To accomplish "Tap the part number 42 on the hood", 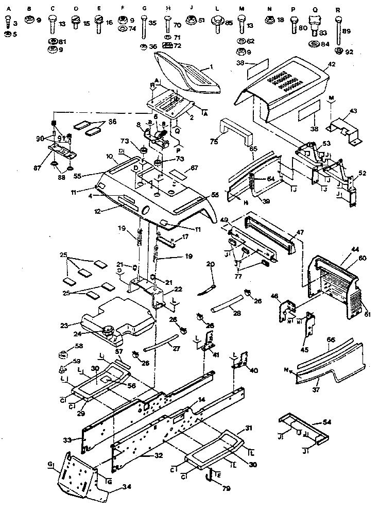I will pyautogui.click(x=331, y=64).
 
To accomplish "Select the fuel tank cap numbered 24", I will pyautogui.click(x=109, y=331).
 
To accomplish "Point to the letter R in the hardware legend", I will pyautogui.click(x=337, y=9).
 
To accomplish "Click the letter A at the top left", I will pyautogui.click(x=7, y=9).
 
